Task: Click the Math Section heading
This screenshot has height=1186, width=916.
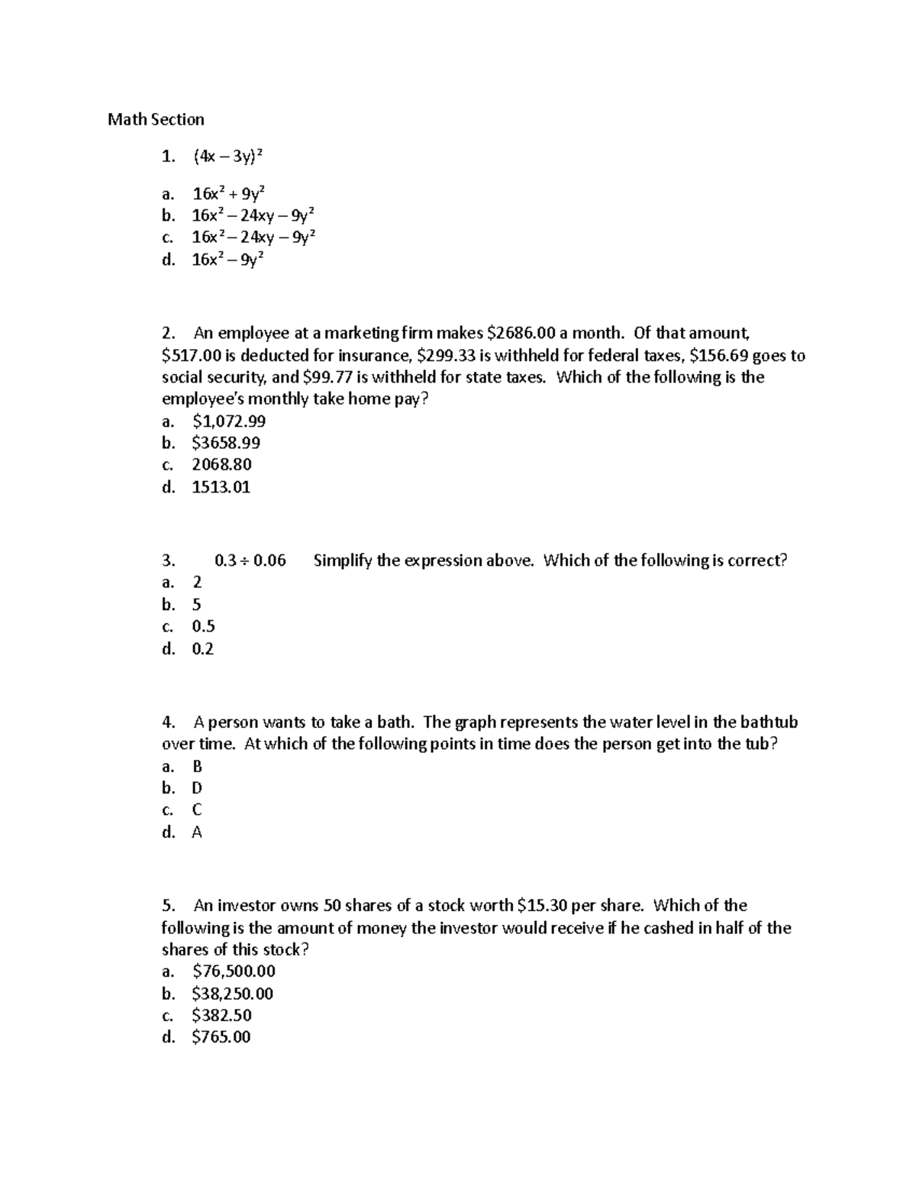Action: click(x=156, y=119)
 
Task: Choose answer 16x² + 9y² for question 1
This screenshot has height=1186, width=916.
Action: click(x=228, y=193)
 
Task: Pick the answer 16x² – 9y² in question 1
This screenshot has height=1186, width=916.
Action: click(x=227, y=260)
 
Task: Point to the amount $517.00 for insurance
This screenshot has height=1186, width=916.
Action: click(x=188, y=355)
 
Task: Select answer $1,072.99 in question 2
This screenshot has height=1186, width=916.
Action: click(x=229, y=421)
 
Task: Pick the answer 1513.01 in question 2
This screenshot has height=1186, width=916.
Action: click(x=221, y=487)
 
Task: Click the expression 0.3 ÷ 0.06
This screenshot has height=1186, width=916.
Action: click(x=250, y=561)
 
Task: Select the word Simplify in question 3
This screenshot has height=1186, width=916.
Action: click(x=342, y=561)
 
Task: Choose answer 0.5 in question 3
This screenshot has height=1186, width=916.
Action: click(x=203, y=627)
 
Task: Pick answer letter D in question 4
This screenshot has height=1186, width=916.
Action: click(x=197, y=788)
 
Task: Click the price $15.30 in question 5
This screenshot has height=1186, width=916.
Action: click(x=541, y=906)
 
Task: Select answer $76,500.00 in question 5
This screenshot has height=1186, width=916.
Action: click(x=234, y=971)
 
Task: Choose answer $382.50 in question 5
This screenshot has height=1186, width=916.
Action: click(x=221, y=1015)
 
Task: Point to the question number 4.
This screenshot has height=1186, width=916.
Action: click(x=169, y=722)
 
